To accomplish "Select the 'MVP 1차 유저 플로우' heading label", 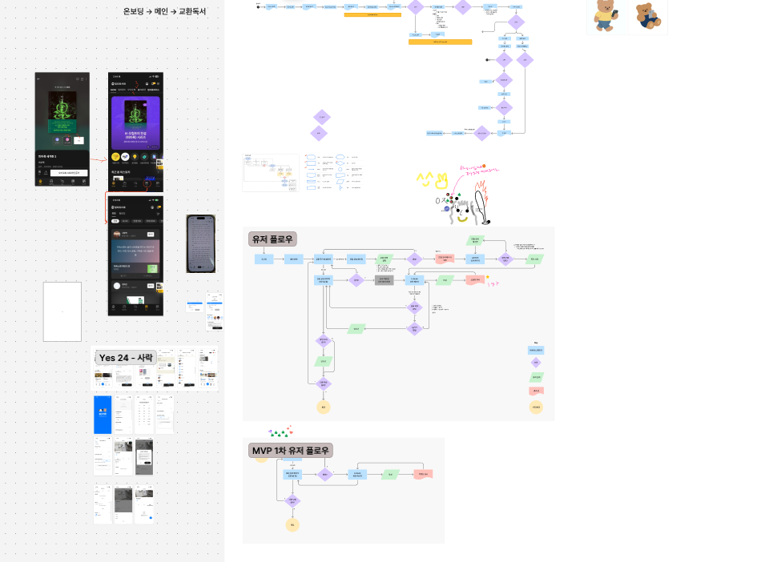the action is click(291, 451).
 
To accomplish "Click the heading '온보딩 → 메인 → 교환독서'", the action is click(164, 11).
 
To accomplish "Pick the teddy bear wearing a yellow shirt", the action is click(604, 15).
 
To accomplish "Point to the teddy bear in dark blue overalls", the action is click(647, 16).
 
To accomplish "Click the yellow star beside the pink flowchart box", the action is click(488, 276).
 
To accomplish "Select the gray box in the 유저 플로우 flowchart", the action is click(385, 280).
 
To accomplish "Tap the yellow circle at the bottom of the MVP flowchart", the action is click(293, 524).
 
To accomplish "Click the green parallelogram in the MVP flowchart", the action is click(390, 474).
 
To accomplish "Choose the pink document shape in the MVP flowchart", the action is click(423, 474).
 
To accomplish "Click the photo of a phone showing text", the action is click(200, 243).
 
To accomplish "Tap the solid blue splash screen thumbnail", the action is click(102, 414).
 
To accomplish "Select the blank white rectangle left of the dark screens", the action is click(62, 311).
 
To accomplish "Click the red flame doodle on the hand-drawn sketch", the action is click(483, 197).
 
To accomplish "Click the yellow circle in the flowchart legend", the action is click(536, 407).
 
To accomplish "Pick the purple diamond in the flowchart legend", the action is click(536, 363).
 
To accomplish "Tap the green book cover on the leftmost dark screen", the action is click(62, 110).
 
